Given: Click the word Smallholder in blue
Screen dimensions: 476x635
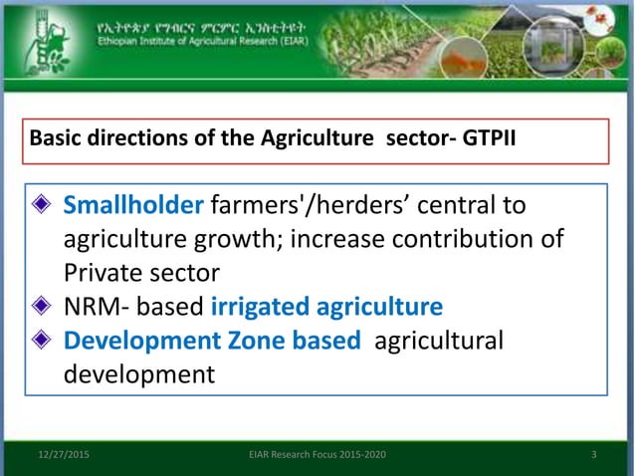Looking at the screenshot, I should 133,205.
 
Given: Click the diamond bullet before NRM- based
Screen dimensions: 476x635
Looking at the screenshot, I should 42,307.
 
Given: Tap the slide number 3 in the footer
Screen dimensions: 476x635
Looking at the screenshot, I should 593,455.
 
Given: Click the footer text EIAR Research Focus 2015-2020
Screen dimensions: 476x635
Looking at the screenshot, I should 317,455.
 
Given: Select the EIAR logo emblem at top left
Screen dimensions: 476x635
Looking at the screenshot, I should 49,40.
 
